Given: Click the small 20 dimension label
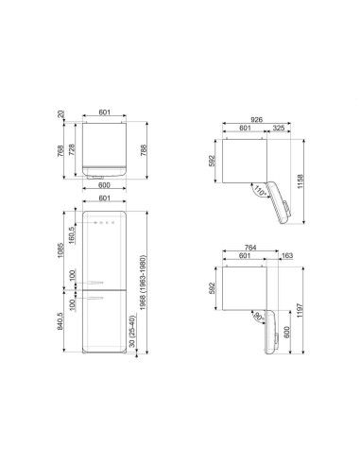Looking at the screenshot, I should [x=60, y=114].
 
